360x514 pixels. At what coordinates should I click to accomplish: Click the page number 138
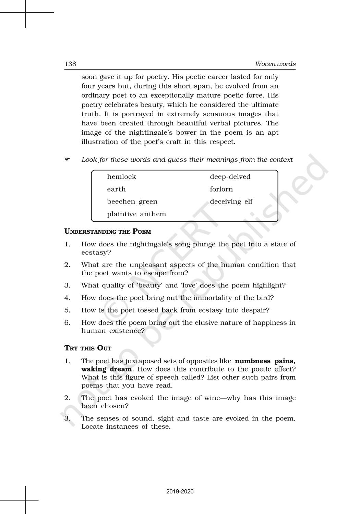coord(70,64)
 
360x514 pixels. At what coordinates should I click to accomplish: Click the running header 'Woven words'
coord(275,64)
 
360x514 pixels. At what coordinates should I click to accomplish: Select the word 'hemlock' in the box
coord(121,177)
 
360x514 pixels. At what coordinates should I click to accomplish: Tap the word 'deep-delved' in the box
coord(230,177)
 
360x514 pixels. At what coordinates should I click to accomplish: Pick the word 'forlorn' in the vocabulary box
coord(221,189)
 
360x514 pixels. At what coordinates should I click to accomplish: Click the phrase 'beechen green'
coord(132,201)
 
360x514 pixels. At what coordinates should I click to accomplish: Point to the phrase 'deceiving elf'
coord(231,201)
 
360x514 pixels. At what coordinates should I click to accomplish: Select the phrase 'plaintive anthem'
coord(136,214)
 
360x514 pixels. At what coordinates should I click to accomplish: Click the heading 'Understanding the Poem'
coord(108,231)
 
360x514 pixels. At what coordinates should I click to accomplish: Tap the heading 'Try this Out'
coord(88,348)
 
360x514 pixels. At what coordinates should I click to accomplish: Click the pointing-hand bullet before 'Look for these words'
coord(67,159)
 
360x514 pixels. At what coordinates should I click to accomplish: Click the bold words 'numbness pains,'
coord(265,361)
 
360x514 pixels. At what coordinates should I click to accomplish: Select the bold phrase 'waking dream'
coord(106,369)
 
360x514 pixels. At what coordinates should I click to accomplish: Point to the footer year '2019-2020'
coord(180,492)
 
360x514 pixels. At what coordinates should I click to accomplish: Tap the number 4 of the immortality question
coord(67,298)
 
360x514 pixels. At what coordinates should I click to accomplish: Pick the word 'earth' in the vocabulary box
coord(116,189)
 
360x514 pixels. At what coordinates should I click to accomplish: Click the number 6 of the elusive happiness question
coord(67,322)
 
